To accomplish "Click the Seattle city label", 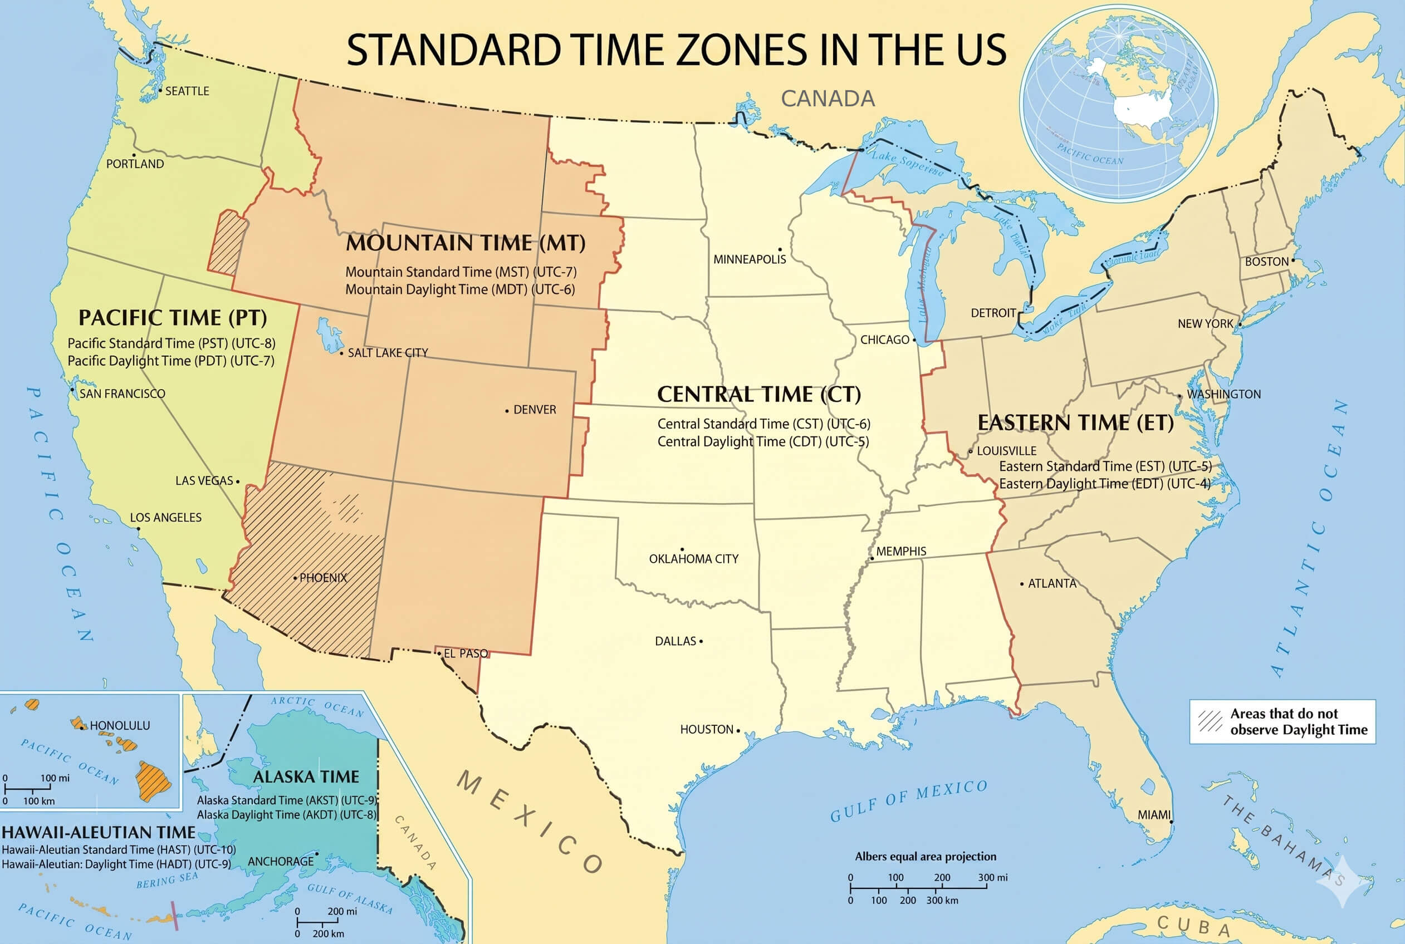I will tap(187, 91).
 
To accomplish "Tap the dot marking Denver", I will tap(507, 411).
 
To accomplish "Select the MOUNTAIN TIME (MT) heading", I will tap(465, 243).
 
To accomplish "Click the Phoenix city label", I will tap(323, 578).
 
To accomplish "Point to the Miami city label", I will tap(1153, 814).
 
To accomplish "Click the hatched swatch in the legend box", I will tap(1210, 721).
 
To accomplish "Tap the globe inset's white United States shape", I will tap(1141, 109).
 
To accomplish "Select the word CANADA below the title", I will tap(828, 99).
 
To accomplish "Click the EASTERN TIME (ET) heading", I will tap(1075, 422).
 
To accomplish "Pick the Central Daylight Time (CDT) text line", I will tap(762, 441).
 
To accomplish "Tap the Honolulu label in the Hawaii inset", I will tap(119, 725).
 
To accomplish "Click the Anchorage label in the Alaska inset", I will tap(281, 862).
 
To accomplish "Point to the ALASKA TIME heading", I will tap(305, 776).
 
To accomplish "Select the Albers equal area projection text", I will tap(925, 856).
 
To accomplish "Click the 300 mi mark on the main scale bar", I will tap(992, 877).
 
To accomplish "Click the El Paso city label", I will tap(466, 653).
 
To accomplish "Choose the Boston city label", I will tap(1266, 262).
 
